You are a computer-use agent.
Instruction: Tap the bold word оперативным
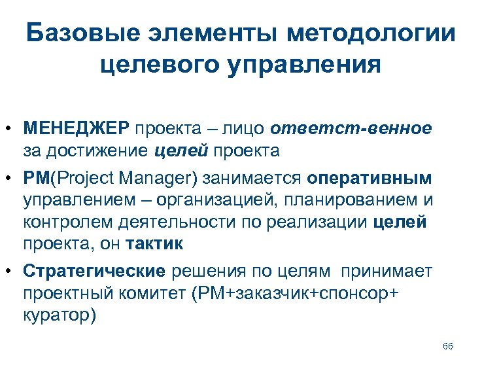(370, 179)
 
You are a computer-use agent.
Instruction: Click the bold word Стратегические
(94, 271)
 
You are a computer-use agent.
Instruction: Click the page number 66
(448, 345)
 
